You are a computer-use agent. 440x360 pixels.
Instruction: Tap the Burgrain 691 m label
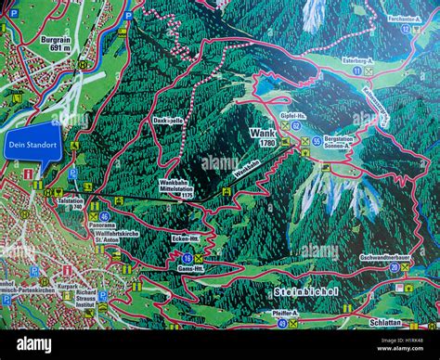56,45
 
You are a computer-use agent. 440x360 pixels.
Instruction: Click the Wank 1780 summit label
263,136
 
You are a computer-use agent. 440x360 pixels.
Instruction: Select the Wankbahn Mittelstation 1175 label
175,189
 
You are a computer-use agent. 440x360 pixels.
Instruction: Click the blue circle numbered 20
394,267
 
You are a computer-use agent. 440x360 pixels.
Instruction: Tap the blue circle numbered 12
404,29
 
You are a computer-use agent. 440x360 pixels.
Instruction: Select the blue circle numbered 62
296,125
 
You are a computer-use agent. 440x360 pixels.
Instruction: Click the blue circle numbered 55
317,141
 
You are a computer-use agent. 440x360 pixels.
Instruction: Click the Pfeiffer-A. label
285,315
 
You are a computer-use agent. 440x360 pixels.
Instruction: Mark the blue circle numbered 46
105,216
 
